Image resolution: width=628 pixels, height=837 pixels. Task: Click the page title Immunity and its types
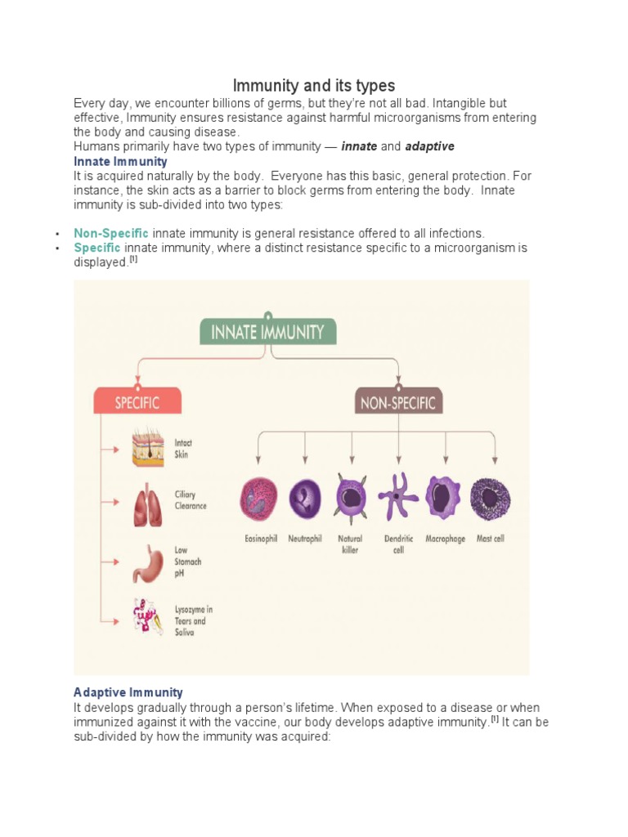click(314, 85)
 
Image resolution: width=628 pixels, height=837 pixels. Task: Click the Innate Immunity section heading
click(120, 162)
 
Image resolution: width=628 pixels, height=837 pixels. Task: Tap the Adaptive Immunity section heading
click(128, 692)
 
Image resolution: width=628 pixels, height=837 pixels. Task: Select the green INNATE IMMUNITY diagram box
click(268, 332)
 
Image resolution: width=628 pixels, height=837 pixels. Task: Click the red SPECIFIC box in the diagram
click(137, 402)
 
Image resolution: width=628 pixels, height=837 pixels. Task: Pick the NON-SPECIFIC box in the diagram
click(398, 402)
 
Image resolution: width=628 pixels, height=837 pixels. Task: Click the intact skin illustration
click(148, 448)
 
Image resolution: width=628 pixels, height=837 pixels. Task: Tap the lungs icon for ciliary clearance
click(148, 506)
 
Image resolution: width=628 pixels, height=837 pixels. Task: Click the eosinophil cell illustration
click(259, 500)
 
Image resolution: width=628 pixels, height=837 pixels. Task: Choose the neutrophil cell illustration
click(305, 500)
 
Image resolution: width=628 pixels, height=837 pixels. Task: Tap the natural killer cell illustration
click(351, 500)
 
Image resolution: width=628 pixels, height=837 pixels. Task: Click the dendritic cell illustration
click(398, 496)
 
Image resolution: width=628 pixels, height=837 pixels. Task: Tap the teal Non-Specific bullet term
click(111, 233)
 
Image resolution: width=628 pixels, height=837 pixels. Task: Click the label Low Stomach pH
click(187, 562)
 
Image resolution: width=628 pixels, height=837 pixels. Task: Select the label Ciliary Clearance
click(191, 500)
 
